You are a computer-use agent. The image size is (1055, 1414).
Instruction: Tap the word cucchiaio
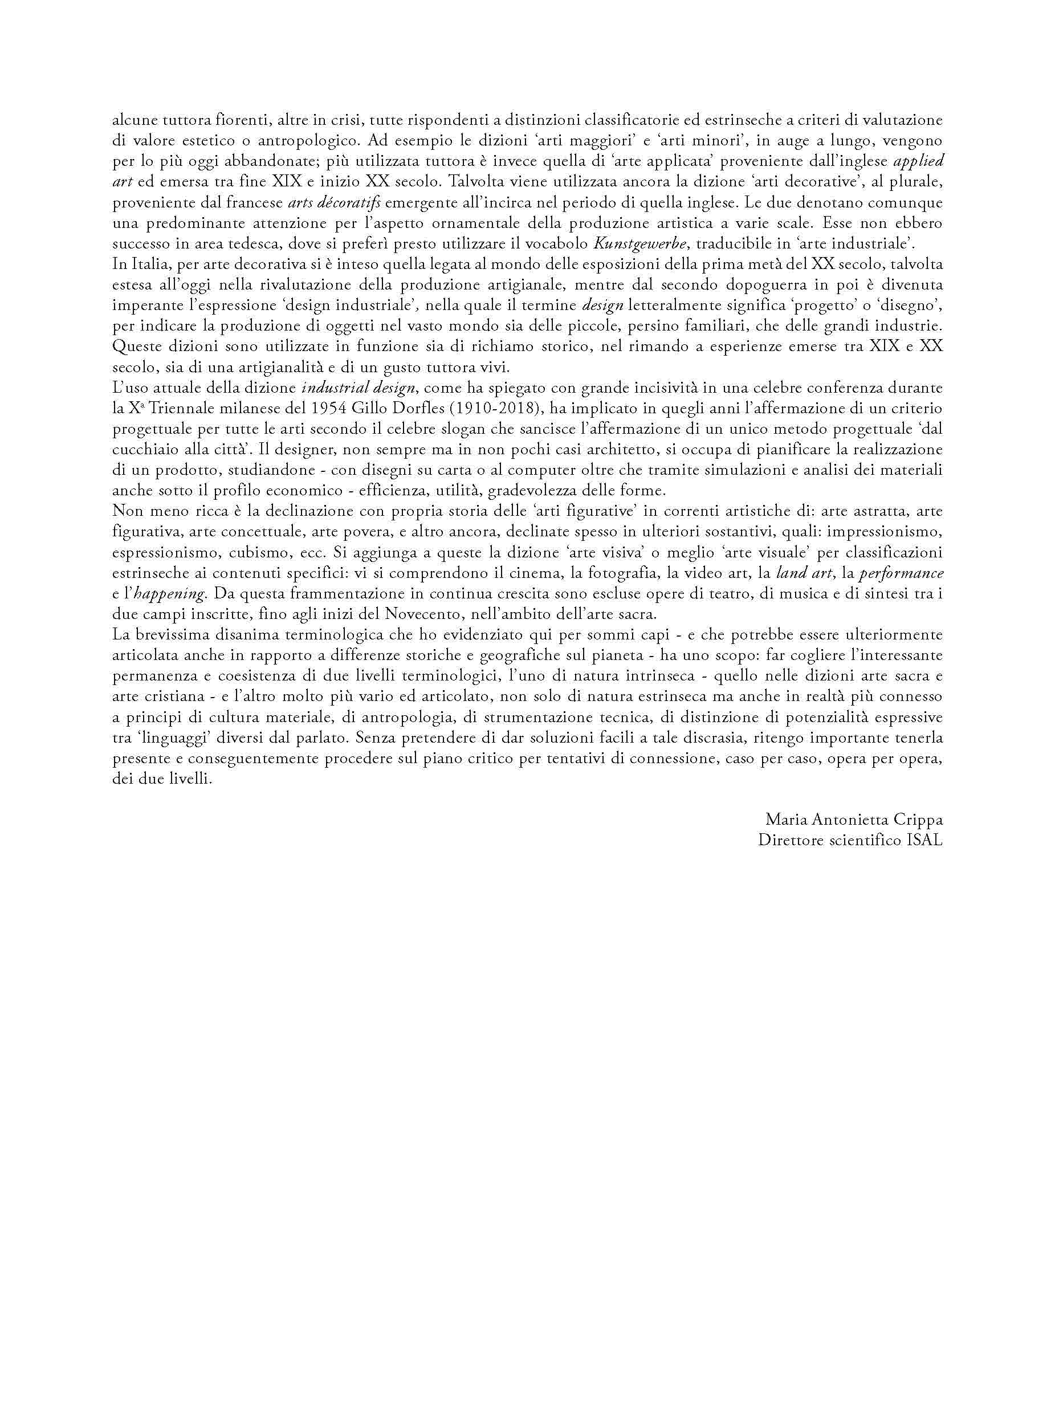[x=142, y=450]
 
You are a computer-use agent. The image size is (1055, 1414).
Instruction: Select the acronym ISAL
[x=924, y=841]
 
